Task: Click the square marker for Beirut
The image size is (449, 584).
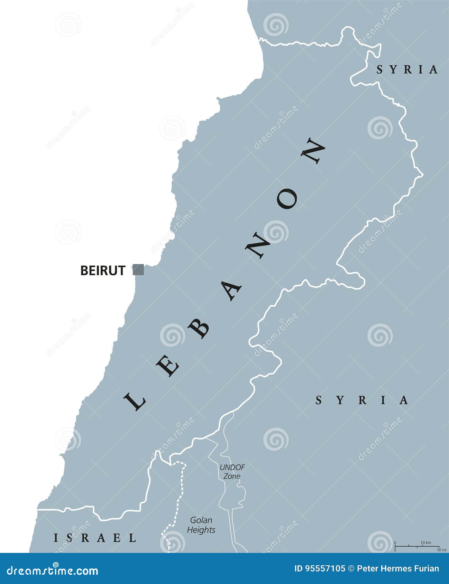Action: coord(138,270)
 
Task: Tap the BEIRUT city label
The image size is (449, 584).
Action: coord(102,270)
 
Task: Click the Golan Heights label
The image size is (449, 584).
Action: coord(201,525)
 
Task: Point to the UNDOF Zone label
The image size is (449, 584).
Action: coord(232,472)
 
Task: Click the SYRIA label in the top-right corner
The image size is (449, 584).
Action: coord(407,70)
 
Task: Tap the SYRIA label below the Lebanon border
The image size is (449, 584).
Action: coord(362,400)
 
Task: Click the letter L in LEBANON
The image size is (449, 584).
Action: coord(135,401)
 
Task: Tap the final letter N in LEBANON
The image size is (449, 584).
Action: coord(313,151)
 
